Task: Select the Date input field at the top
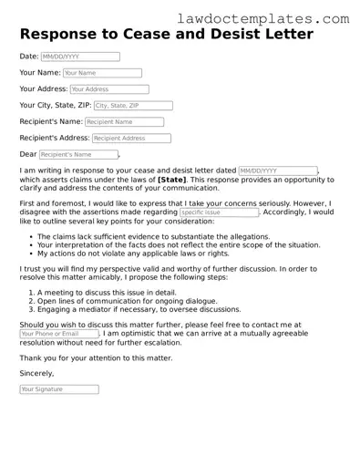click(80, 57)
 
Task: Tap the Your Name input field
click(103, 73)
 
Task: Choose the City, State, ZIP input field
click(133, 106)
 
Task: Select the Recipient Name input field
click(124, 122)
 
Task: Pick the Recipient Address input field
click(131, 139)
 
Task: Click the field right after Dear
click(78, 155)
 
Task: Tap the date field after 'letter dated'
click(278, 171)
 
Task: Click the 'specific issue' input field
click(219, 212)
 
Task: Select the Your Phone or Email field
click(57, 335)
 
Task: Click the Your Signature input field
click(59, 389)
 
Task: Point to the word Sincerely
click(36, 373)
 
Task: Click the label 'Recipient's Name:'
click(51, 122)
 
